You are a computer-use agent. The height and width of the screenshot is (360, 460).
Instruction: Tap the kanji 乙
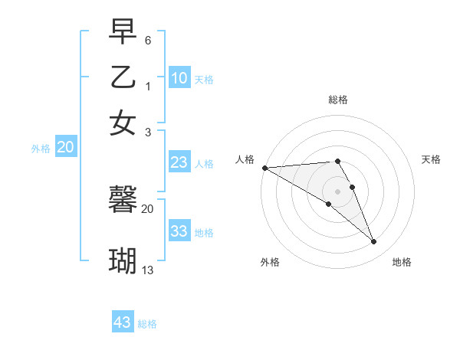[123, 77]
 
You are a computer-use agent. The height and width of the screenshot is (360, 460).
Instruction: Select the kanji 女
[123, 122]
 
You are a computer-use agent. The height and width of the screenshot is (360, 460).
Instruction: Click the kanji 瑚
[123, 260]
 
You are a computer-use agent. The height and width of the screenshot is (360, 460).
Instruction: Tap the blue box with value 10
[179, 78]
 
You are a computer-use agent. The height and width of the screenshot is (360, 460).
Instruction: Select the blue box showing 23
[179, 162]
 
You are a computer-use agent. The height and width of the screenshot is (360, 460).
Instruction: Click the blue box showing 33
[179, 232]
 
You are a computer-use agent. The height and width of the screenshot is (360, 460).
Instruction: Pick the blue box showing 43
[123, 322]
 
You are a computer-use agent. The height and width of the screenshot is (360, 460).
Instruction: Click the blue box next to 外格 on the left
[65, 148]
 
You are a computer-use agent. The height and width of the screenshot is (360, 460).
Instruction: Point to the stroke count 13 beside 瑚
[148, 270]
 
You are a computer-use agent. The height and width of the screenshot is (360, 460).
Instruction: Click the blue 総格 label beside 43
[147, 324]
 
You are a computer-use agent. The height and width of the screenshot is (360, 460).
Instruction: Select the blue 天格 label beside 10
[204, 80]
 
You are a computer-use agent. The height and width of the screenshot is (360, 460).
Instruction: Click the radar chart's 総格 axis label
[338, 100]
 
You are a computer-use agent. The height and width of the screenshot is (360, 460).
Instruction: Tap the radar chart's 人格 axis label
[245, 159]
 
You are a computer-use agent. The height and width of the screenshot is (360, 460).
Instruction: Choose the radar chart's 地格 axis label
[402, 262]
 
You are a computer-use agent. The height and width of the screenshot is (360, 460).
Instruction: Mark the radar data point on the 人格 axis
[264, 168]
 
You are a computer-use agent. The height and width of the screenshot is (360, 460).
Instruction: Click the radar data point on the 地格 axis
[374, 242]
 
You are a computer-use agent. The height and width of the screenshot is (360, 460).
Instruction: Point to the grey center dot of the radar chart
[338, 191]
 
